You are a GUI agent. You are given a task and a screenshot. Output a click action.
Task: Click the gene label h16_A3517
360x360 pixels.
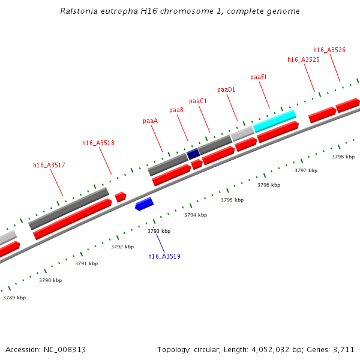pos(49,165)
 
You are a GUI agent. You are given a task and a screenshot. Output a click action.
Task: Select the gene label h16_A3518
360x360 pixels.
pos(98,143)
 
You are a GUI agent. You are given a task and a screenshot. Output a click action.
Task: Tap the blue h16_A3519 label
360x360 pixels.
pos(164,256)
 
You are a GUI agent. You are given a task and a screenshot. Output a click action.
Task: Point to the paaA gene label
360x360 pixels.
pos(150,121)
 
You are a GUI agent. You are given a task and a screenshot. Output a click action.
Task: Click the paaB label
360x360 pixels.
pos(176,110)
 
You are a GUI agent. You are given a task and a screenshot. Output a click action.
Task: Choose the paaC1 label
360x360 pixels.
pos(198,101)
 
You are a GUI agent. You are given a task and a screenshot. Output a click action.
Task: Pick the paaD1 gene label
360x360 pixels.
pos(226,89)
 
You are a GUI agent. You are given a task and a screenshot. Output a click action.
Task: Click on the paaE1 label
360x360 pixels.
pos(259,77)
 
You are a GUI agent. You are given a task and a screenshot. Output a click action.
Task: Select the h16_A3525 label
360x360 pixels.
pos(304,59)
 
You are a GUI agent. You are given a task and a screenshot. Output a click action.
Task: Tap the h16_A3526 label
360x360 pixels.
pos(329,50)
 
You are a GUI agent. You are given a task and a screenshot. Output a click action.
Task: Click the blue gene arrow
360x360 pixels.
pos(144,204)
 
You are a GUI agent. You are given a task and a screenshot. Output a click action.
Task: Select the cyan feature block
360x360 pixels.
pos(275,121)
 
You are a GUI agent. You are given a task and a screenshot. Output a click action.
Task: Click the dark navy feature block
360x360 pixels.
pos(193,154)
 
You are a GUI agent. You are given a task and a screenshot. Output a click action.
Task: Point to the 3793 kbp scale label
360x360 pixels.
pos(159,231)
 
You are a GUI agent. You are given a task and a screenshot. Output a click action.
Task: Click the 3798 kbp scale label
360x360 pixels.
pos(343,157)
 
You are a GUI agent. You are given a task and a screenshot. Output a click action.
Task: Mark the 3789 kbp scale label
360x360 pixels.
pos(14,298)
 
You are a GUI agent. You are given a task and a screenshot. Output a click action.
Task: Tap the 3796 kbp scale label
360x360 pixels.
pos(269,185)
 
